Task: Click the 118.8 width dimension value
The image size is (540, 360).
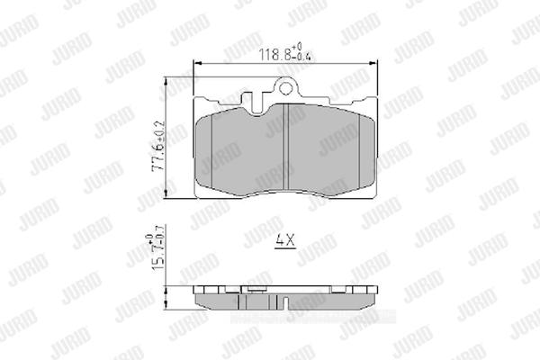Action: pos(275,54)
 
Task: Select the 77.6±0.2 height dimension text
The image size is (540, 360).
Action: pos(158,147)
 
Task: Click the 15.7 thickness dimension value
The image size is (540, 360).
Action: pos(158,258)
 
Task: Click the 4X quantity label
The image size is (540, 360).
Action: pos(285,240)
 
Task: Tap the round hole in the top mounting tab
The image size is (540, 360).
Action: pos(285,88)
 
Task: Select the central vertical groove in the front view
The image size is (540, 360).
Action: pos(285,147)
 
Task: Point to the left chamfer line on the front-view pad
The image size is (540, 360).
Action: pos(211,150)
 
